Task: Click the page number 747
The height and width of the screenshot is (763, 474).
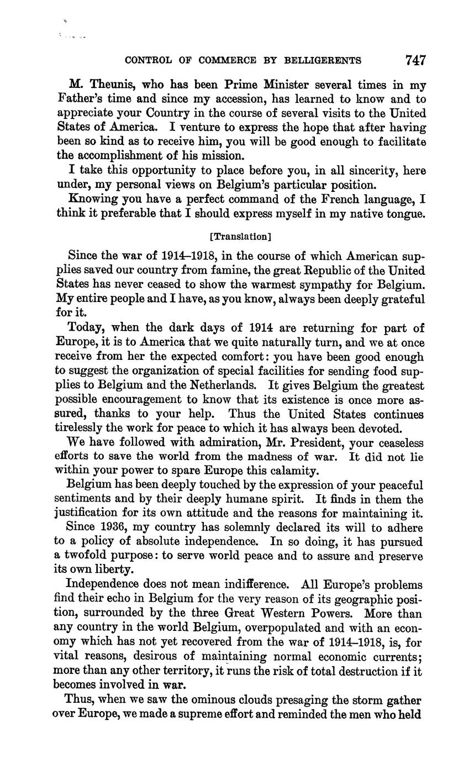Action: [415, 60]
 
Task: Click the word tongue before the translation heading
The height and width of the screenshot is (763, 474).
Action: [405, 213]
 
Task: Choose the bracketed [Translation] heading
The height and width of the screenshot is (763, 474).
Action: [240, 237]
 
